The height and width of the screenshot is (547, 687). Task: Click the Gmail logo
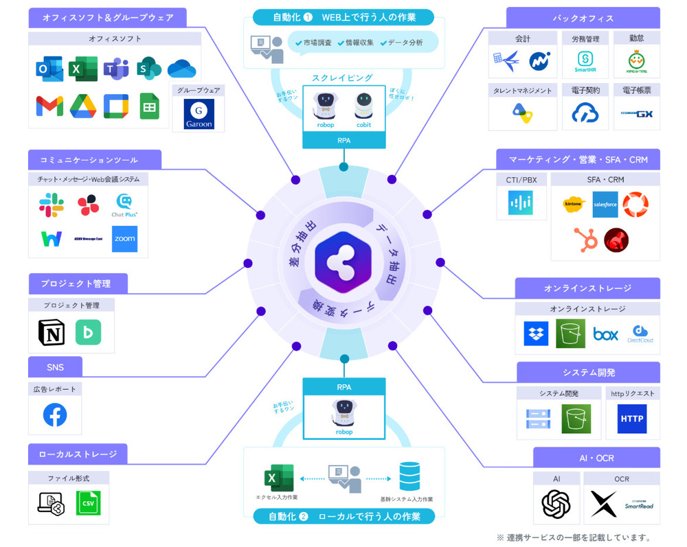tap(49, 106)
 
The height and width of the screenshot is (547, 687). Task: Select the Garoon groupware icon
tap(199, 114)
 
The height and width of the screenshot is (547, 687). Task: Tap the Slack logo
tap(52, 205)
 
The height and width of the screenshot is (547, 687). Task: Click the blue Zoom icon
tap(124, 238)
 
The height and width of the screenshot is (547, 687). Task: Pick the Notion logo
tap(52, 331)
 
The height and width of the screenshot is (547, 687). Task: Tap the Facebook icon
tap(55, 415)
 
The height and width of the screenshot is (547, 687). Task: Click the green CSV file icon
tap(88, 504)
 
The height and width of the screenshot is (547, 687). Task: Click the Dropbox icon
tap(536, 334)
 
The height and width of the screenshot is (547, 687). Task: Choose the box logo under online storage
tap(605, 334)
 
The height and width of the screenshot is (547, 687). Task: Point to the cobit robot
tap(363, 106)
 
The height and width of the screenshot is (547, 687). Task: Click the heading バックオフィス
tap(583, 18)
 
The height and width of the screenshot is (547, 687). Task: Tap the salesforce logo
tap(605, 204)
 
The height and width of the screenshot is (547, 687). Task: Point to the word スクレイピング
tap(342, 78)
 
